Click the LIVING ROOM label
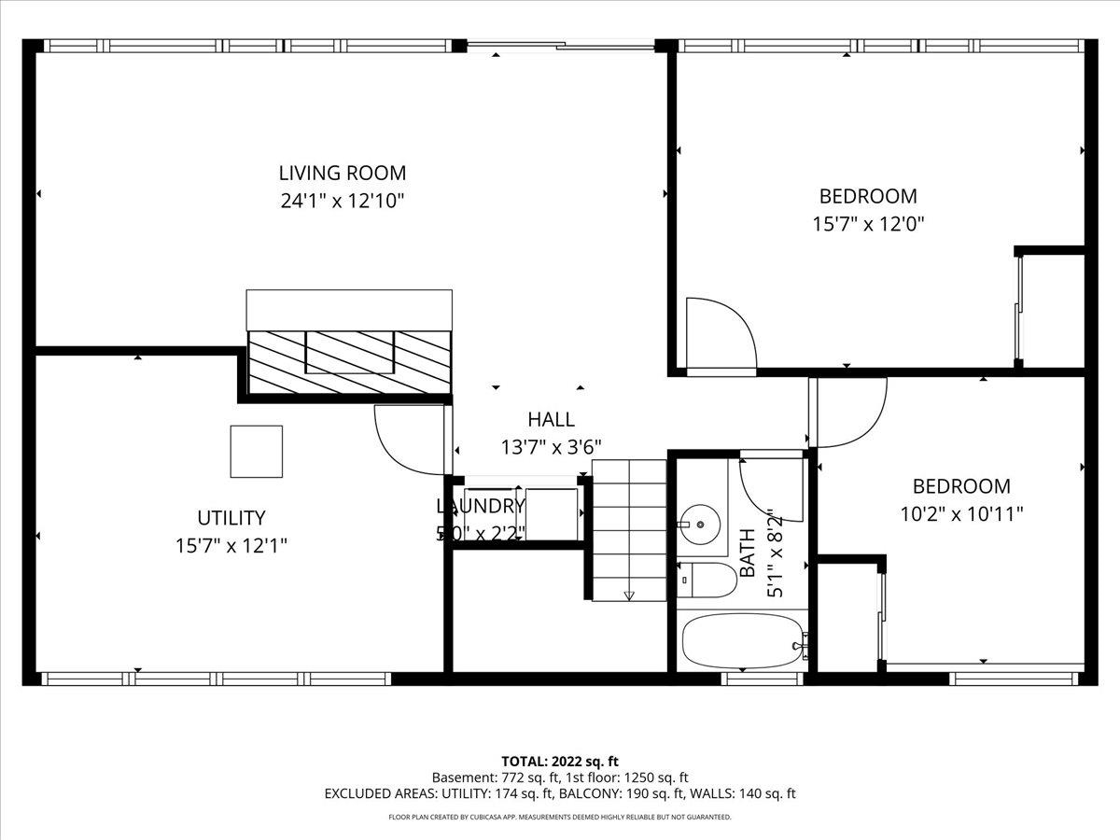[343, 173]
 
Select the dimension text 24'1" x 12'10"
[343, 201]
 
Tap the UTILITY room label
[231, 518]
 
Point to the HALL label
[551, 420]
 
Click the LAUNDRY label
[481, 506]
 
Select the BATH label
[747, 553]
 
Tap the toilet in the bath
[705, 581]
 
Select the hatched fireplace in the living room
[349, 361]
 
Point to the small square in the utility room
[257, 452]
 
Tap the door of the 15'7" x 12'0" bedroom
[719, 336]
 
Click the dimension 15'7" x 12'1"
[231, 546]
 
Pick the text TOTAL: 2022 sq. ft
[559, 762]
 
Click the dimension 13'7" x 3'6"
[551, 448]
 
